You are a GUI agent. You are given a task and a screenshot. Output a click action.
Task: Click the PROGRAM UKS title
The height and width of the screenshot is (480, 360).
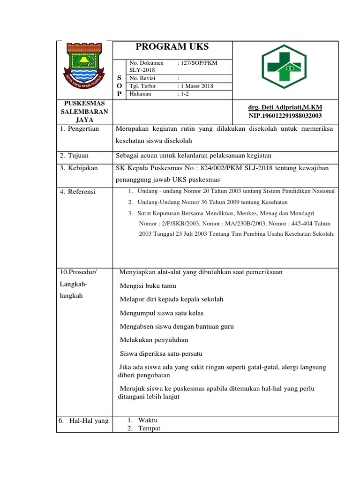coord(172,46)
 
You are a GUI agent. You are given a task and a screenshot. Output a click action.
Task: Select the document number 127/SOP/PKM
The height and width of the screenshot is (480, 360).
coord(198,62)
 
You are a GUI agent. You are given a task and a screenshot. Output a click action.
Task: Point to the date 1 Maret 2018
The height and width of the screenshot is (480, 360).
coord(196,86)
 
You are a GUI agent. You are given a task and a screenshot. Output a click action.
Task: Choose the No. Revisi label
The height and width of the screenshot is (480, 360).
coord(142,78)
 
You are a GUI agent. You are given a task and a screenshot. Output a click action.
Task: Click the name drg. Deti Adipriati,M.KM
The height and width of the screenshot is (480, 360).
coord(285,107)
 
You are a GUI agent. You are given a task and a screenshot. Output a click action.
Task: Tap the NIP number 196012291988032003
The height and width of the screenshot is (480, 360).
coord(285,116)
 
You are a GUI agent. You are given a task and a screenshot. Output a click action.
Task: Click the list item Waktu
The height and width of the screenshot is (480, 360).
coord(148,420)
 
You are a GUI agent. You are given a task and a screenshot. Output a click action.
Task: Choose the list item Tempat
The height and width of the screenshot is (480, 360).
coord(149,428)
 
